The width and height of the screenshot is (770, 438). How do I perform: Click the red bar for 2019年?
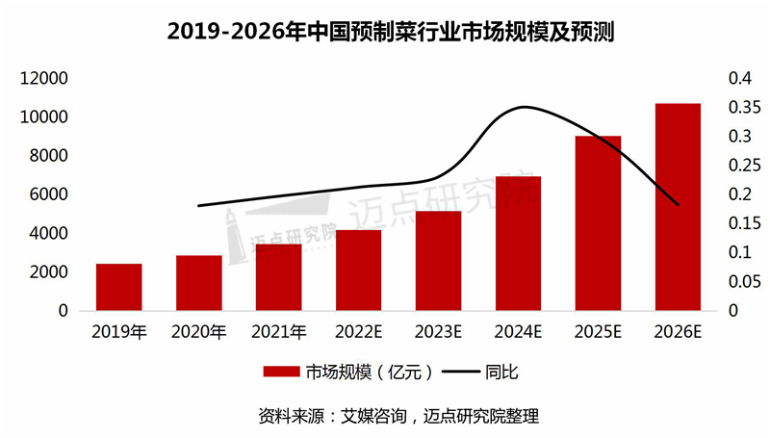[x=119, y=287]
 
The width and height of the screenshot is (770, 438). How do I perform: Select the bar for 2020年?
[x=198, y=283]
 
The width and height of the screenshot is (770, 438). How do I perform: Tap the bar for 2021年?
[x=278, y=277]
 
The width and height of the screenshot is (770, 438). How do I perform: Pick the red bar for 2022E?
[x=358, y=271]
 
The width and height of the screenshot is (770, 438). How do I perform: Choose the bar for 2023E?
[x=438, y=261]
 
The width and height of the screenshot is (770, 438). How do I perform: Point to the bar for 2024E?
[x=518, y=244]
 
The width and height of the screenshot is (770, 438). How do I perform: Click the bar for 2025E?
[x=598, y=223]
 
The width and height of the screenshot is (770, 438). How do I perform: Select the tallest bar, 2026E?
[x=678, y=207]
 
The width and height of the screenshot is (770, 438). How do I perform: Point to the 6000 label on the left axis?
[x=49, y=194]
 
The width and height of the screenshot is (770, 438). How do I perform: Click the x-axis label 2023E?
[x=438, y=333]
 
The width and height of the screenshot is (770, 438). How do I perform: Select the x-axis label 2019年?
[x=119, y=333]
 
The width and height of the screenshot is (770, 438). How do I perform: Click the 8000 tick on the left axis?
[x=49, y=156]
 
